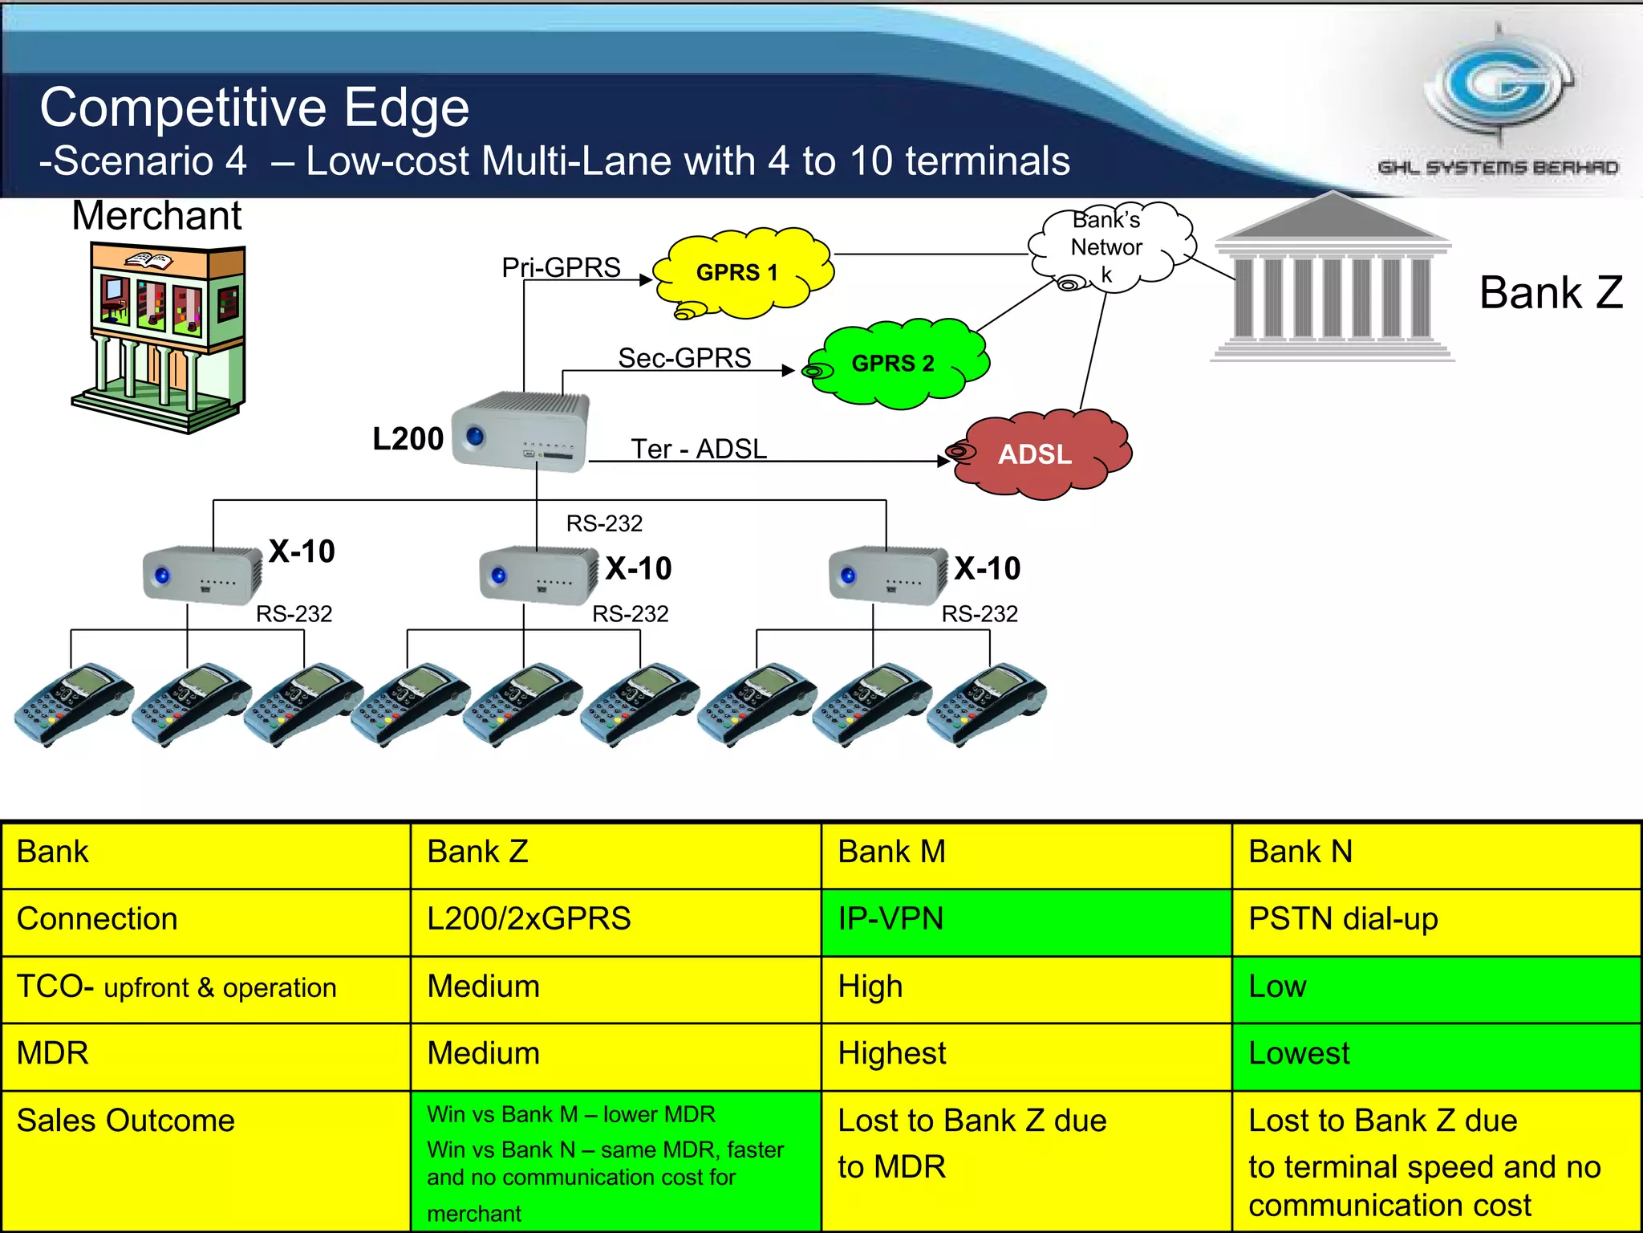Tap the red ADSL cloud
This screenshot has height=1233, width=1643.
tap(1039, 454)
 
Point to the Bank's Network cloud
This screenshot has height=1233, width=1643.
tap(1110, 246)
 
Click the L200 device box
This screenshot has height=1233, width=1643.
tap(520, 431)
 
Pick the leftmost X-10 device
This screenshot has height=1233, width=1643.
tap(201, 574)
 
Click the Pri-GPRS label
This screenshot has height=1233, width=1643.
tap(561, 267)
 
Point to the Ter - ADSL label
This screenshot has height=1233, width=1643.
tap(698, 449)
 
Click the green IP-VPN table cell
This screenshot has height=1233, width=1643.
tap(1025, 920)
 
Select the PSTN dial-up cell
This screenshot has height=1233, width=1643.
tap(1436, 920)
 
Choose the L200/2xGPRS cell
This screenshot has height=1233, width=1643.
tap(615, 920)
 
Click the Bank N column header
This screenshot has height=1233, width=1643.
tap(1436, 853)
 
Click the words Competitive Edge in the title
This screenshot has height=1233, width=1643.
tap(254, 108)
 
